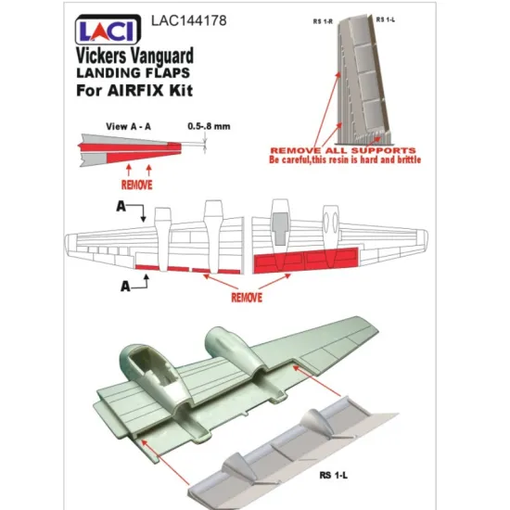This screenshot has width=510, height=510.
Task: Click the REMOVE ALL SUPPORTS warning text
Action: [x=341, y=149]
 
